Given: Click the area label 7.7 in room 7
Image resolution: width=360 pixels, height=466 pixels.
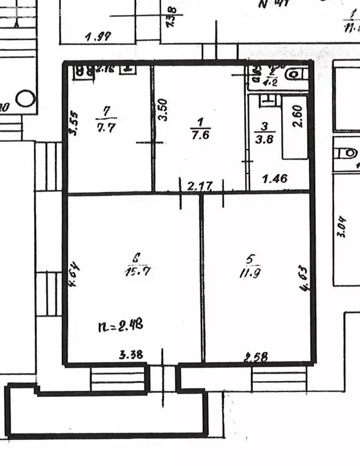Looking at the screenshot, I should [x=107, y=127].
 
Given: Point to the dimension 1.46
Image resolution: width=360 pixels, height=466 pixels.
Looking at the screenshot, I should [x=274, y=180].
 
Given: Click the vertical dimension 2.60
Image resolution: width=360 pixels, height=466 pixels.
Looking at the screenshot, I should [x=297, y=116].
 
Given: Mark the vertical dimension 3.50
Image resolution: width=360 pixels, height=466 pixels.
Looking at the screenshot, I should [x=162, y=108].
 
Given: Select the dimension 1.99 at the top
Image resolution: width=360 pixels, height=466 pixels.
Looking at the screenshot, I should [x=97, y=36].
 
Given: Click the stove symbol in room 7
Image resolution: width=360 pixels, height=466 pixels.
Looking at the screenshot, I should [x=84, y=70].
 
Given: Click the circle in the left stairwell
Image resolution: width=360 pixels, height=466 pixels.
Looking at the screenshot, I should [x=25, y=97].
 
